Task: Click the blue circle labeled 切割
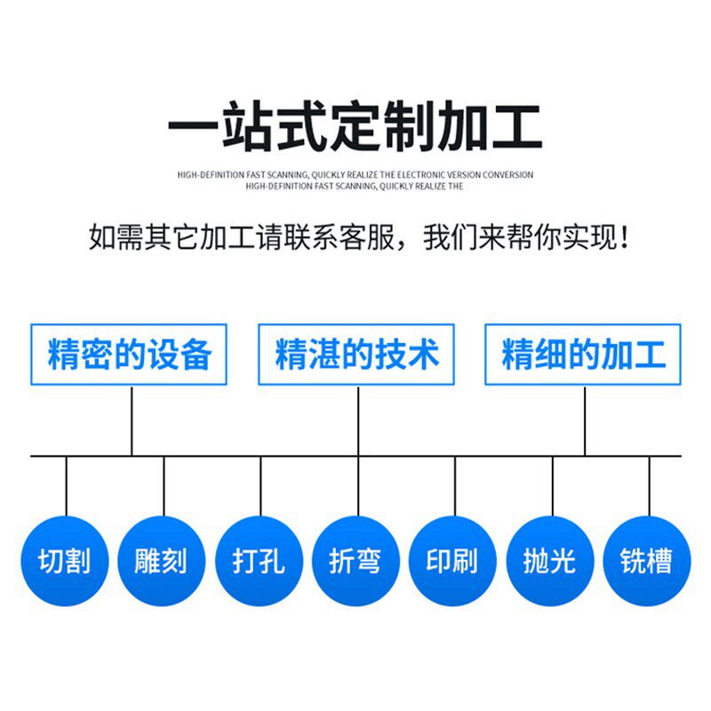point(65,561)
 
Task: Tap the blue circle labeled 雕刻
point(162,561)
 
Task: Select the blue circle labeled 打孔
point(259,561)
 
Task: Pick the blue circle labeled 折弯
point(355,561)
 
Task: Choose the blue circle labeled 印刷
point(452,561)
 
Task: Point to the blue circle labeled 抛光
point(550,561)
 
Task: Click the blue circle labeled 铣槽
point(647,561)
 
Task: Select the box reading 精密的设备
point(129,355)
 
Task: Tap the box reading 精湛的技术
point(356,355)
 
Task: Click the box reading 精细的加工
point(583,355)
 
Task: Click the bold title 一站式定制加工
point(355,130)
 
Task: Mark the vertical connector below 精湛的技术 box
point(358,420)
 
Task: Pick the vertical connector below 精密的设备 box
point(132,420)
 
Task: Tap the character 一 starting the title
point(193,130)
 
